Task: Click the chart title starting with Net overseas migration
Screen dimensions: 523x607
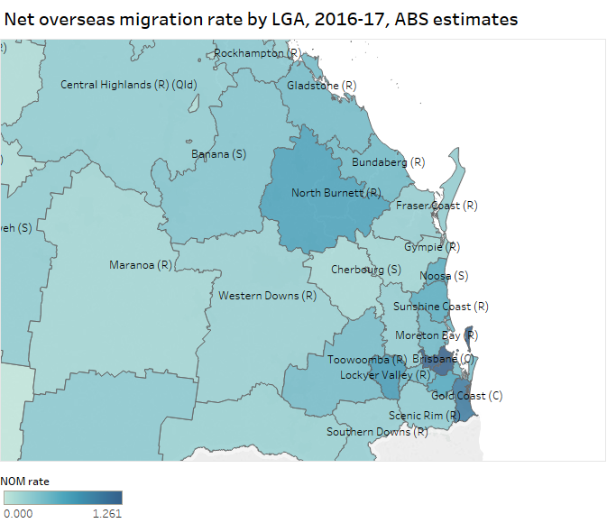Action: tap(261, 18)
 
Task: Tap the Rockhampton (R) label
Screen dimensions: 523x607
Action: tap(257, 54)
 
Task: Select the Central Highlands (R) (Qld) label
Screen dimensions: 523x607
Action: tap(128, 85)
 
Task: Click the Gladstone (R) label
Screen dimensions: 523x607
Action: tap(321, 86)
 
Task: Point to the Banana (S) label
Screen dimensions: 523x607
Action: tap(218, 154)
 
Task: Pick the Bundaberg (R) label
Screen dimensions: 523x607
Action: tap(388, 162)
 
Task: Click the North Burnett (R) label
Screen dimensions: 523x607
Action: tap(336, 193)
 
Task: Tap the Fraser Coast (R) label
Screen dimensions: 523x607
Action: tap(437, 206)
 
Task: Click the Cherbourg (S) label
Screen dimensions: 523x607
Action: tap(365, 270)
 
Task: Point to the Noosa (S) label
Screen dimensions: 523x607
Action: tap(444, 276)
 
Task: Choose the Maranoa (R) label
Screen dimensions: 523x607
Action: tap(140, 265)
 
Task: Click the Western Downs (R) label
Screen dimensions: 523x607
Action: tap(267, 296)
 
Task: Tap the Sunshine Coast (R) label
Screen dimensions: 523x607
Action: tap(440, 307)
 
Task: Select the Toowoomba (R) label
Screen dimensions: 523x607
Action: tap(365, 360)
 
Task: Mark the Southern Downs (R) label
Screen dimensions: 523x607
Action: tap(377, 432)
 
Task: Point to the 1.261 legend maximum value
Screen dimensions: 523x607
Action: tap(106, 513)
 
